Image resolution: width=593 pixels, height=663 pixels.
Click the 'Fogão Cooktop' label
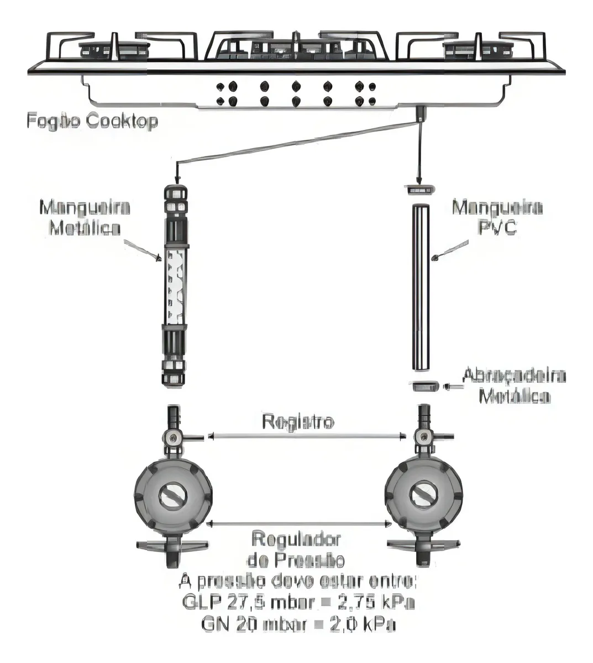(92, 122)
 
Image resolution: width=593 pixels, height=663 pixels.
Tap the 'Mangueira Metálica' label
(85, 217)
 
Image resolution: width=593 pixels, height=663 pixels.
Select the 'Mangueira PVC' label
(497, 217)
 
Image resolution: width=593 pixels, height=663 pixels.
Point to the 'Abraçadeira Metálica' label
(513, 386)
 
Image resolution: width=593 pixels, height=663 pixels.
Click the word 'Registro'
(298, 422)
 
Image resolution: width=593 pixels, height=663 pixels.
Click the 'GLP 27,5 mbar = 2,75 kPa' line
(297, 602)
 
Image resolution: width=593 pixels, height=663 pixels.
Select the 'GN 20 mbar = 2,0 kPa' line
(297, 625)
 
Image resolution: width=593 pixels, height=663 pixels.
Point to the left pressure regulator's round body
(173, 493)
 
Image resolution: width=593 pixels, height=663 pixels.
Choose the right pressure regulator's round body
(424, 493)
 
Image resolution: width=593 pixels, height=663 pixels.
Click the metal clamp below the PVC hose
(424, 386)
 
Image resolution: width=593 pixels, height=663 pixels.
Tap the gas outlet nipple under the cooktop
(421, 113)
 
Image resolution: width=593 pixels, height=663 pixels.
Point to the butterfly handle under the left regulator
(171, 547)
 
